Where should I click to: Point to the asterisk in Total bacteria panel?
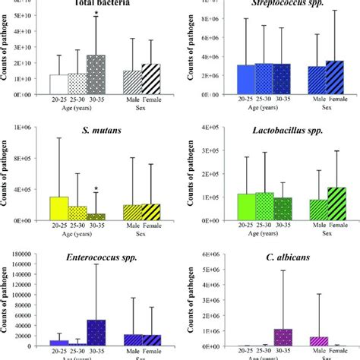point(96,13)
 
